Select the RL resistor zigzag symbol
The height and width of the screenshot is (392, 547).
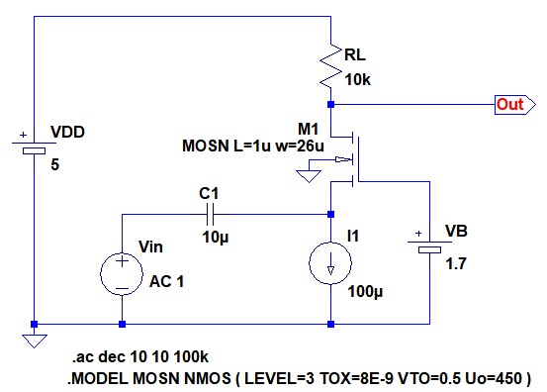pyautogui.click(x=330, y=66)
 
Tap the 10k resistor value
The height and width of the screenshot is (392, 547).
pyautogui.click(x=357, y=80)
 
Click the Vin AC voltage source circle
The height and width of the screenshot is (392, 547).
pyautogui.click(x=122, y=273)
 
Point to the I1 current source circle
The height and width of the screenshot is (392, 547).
pyautogui.click(x=330, y=263)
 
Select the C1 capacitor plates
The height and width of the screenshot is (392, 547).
pyautogui.click(x=211, y=215)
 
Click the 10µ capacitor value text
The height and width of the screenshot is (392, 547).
pyautogui.click(x=216, y=238)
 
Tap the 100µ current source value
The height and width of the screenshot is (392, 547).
pyautogui.click(x=365, y=291)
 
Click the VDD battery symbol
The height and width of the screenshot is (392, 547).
pyautogui.click(x=34, y=147)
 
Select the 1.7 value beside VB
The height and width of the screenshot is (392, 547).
pyautogui.click(x=456, y=264)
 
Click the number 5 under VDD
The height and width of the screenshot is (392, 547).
pyautogui.click(x=54, y=164)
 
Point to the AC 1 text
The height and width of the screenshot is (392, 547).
pyautogui.click(x=166, y=281)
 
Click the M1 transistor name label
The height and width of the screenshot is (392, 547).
pyautogui.click(x=308, y=129)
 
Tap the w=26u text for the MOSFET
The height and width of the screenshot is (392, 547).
pyautogui.click(x=300, y=146)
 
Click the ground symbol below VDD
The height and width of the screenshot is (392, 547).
pyautogui.click(x=35, y=341)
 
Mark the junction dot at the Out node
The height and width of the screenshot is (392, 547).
pyautogui.click(x=330, y=104)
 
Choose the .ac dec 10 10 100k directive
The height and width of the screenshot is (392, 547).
pyautogui.click(x=140, y=356)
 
